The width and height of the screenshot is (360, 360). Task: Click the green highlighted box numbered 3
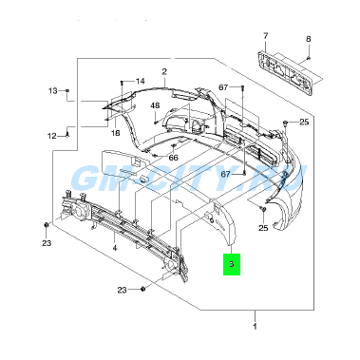click(232, 264)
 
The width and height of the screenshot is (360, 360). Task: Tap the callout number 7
click(265, 36)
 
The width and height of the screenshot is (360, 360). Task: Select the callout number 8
click(308, 39)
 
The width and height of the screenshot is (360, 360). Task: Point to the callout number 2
click(164, 71)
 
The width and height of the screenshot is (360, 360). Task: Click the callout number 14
click(140, 82)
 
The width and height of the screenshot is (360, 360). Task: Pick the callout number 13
click(53, 91)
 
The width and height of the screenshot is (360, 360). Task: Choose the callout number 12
click(52, 136)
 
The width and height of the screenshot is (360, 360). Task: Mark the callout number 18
click(116, 133)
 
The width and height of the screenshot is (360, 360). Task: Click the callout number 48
click(155, 105)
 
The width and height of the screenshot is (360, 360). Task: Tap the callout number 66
click(173, 158)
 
